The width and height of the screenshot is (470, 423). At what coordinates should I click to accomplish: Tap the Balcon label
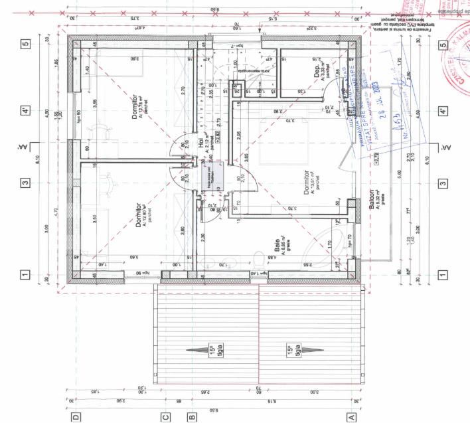pos(372,197)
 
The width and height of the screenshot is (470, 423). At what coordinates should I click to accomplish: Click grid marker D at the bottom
pos(76,418)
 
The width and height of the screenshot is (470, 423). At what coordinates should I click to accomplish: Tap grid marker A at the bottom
pos(351,418)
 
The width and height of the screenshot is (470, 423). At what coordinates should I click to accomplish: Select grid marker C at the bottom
pos(166,418)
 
